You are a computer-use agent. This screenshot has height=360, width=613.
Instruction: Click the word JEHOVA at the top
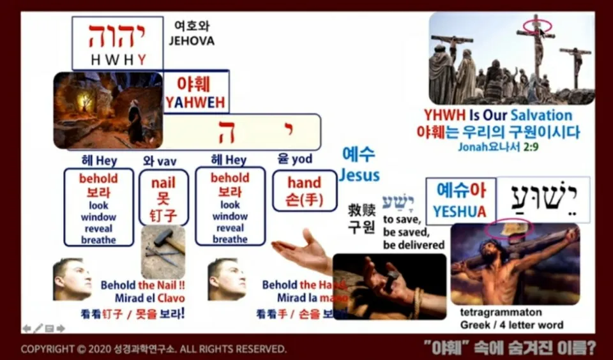click(192, 41)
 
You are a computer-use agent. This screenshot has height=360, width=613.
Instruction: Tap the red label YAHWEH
click(196, 102)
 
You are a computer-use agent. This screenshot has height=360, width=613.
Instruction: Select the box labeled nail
click(163, 197)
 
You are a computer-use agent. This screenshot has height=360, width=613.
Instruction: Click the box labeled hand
click(304, 190)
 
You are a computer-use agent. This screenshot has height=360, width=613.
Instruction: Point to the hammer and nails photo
click(163, 251)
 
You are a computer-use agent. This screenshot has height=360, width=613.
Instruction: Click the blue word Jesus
click(359, 175)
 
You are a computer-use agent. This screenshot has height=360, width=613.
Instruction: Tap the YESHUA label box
click(460, 200)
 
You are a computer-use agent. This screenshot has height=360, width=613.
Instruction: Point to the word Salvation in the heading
click(540, 116)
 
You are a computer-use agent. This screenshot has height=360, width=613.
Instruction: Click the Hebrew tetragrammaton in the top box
click(117, 36)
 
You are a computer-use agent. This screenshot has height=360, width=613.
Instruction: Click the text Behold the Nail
click(142, 285)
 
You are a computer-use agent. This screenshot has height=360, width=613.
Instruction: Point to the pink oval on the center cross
click(537, 26)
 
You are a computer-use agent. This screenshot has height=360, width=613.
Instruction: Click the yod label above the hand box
click(294, 160)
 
